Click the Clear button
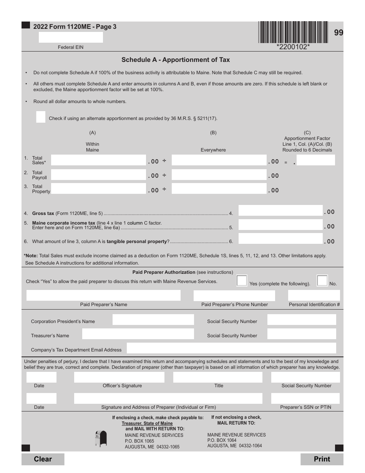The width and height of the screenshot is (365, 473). pyautogui.click(x=43, y=459)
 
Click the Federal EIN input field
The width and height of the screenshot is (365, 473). pyautogui.click(x=71, y=37)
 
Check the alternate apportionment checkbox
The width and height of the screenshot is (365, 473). pyautogui.click(x=41, y=117)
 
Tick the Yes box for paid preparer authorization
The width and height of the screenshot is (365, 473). pyautogui.click(x=242, y=281)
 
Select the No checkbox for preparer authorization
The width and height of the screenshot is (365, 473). pyautogui.click(x=322, y=281)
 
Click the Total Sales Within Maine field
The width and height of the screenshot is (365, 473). pyautogui.click(x=98, y=160)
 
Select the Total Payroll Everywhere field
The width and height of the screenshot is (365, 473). pyautogui.click(x=219, y=175)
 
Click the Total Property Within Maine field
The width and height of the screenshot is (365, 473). pyautogui.click(x=98, y=189)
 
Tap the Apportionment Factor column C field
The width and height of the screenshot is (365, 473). pyautogui.click(x=316, y=160)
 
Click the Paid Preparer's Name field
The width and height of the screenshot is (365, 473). pyautogui.click(x=103, y=295)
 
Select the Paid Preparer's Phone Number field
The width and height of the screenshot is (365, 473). pyautogui.click(x=234, y=295)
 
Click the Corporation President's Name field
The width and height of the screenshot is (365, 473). pyautogui.click(x=153, y=320)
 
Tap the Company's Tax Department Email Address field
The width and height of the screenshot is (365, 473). pyautogui.click(x=231, y=348)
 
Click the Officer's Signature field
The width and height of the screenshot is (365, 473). pyautogui.click(x=119, y=377)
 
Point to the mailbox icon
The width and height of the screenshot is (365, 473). pyautogui.click(x=101, y=438)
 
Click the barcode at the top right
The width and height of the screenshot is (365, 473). pyautogui.click(x=293, y=32)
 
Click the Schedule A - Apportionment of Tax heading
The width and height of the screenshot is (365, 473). pyautogui.click(x=176, y=60)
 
